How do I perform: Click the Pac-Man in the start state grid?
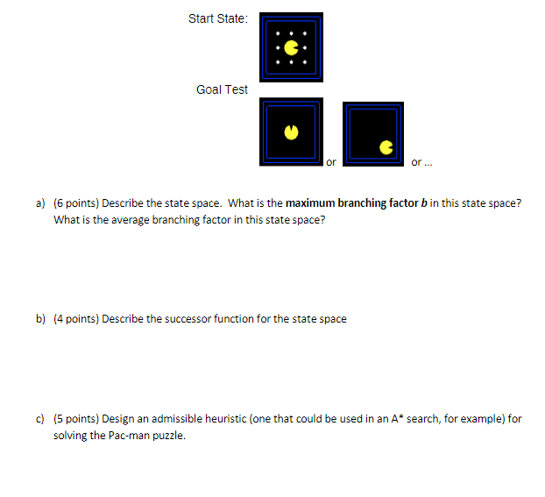293,45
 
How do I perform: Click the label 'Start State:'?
218,18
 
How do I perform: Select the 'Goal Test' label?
223,89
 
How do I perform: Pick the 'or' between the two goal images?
330,162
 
